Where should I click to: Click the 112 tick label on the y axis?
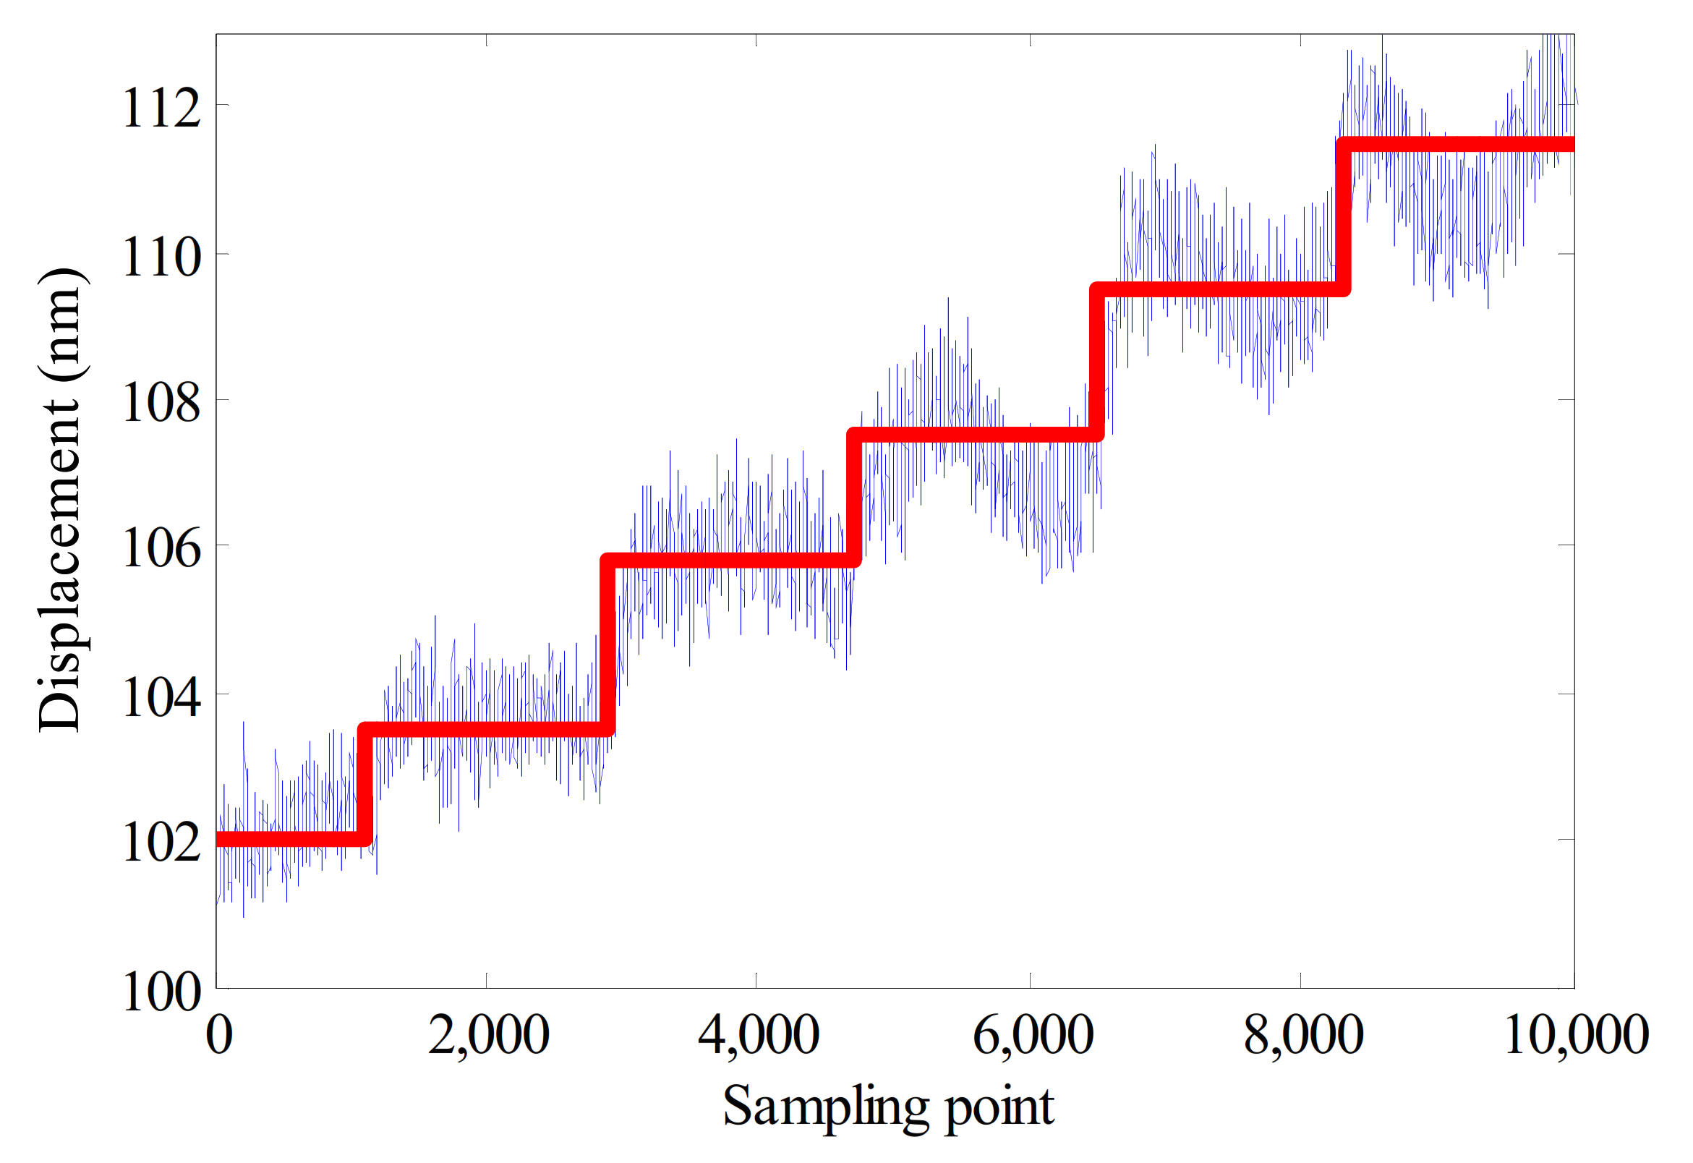(161, 108)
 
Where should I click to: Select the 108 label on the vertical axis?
(161, 402)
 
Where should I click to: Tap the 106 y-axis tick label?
(161, 548)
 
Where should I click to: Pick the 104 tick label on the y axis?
(161, 697)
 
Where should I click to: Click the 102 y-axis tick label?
(161, 843)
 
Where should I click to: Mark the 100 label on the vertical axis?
(161, 992)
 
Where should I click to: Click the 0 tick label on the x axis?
(219, 1035)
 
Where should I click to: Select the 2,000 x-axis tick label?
(488, 1035)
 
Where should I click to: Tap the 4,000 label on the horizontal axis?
(759, 1035)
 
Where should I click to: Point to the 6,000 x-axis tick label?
(1033, 1035)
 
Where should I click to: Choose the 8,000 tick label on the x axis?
(1303, 1035)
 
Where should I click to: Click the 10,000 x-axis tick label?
(1576, 1035)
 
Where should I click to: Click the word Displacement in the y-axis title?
(60, 565)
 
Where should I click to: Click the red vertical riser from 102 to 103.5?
(365, 785)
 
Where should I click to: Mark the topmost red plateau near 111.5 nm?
(1457, 144)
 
